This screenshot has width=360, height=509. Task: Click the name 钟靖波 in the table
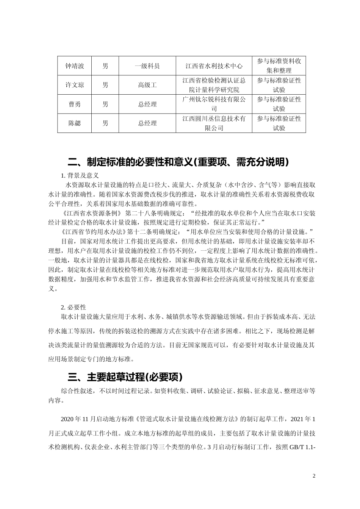[74, 66]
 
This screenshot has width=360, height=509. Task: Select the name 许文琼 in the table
[74, 85]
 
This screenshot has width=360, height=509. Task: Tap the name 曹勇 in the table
[74, 104]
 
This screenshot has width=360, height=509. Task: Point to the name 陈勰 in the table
[74, 123]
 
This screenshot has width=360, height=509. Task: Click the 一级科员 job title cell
[147, 66]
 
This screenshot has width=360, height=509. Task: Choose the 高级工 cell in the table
[147, 85]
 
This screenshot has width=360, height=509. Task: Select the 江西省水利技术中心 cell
[214, 66]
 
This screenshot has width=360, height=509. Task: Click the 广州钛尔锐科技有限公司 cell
[214, 104]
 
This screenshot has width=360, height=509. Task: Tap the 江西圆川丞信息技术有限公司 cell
[214, 123]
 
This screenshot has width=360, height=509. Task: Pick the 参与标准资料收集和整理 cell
[279, 66]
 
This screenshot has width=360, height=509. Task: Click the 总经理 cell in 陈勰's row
[147, 123]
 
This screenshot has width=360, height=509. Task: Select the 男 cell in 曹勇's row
[105, 104]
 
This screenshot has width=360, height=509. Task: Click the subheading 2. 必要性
[74, 307]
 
